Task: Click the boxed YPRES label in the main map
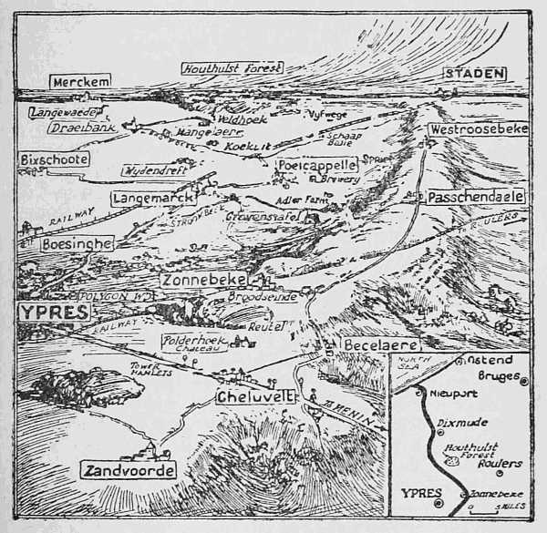coord(54,313)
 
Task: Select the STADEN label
coord(474,75)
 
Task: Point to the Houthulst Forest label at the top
coord(232,67)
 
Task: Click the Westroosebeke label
coord(466,129)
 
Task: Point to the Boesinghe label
coord(77,244)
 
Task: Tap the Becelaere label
coord(381,345)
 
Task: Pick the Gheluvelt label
coord(253,398)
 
